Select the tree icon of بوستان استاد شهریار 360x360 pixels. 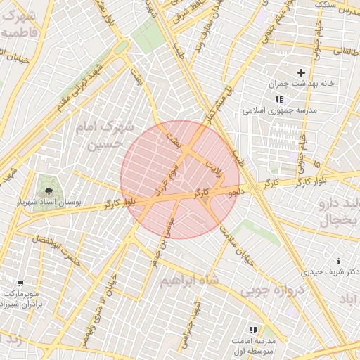(49, 191)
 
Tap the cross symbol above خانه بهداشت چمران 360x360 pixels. (302, 72)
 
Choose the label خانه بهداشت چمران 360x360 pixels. (298, 84)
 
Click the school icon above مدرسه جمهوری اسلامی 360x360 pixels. (280, 99)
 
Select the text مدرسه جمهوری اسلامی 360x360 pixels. (280, 110)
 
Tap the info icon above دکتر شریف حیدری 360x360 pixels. (339, 261)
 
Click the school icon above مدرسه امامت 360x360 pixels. (253, 329)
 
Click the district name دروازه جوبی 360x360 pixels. (274, 290)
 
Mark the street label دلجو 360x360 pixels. (236, 191)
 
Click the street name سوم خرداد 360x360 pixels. (166, 180)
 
